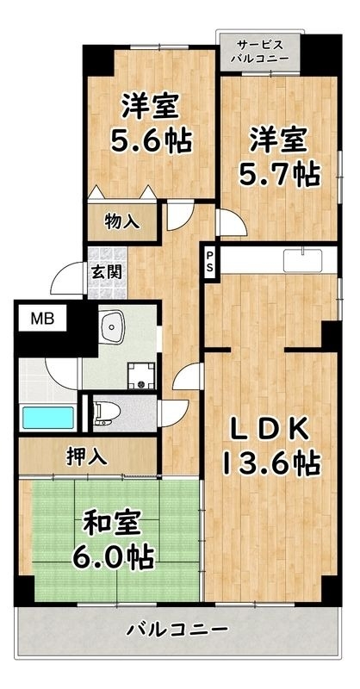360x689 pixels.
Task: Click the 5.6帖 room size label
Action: coord(150,139)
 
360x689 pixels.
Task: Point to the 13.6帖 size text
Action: coord(270,464)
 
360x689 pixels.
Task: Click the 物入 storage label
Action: coord(121,220)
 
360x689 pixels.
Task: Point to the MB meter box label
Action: coord(43,320)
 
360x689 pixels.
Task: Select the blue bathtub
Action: coord(47,419)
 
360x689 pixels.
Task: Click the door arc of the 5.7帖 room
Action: coord(231,223)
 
